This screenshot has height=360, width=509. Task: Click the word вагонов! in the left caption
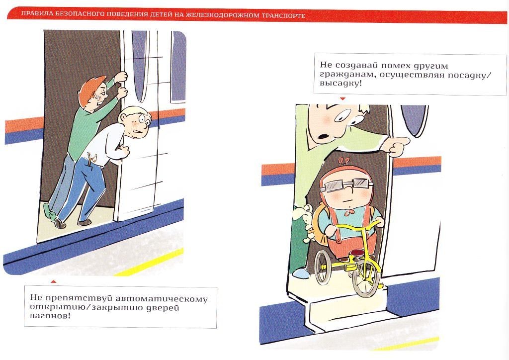tap(50, 316)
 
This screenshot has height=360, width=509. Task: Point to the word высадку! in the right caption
tap(340, 83)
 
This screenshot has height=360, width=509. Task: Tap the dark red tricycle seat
tap(356, 252)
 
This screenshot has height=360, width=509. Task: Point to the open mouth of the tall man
tap(323, 135)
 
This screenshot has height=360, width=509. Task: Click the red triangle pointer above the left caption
tap(54, 281)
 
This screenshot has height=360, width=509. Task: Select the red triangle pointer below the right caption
tap(342, 98)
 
